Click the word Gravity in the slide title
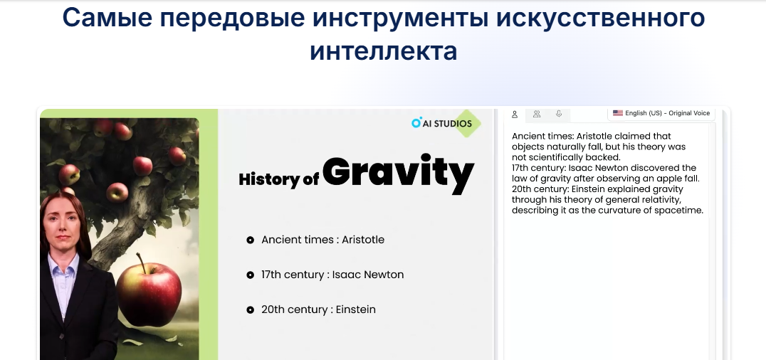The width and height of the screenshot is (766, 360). (x=398, y=174)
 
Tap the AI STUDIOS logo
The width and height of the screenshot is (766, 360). (x=441, y=123)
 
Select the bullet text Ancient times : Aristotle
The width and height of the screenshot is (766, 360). (x=323, y=240)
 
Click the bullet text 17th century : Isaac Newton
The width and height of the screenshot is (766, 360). (x=332, y=275)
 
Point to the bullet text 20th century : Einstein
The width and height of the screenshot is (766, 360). (x=318, y=309)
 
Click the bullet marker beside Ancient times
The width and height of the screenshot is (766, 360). (x=250, y=240)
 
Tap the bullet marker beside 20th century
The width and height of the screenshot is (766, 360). (x=250, y=309)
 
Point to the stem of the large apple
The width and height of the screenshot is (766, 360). (x=141, y=263)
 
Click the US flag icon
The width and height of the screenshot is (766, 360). (x=618, y=113)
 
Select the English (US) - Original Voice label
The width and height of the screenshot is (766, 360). (x=667, y=113)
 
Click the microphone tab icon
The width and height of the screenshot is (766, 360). (x=558, y=114)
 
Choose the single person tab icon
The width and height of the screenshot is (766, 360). (x=515, y=115)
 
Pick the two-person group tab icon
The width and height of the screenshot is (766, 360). (x=536, y=114)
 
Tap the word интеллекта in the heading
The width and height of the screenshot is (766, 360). (x=384, y=51)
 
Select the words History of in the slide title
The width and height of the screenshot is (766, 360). (x=278, y=179)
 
